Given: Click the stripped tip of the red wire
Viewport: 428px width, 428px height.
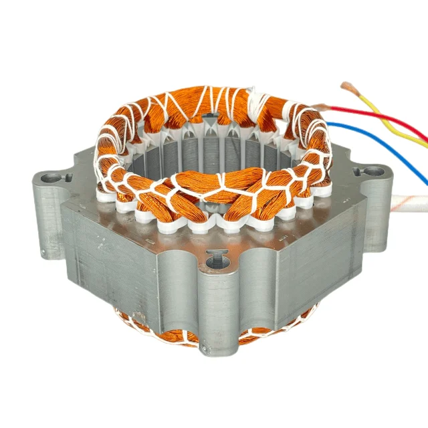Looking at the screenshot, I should [x=320, y=106].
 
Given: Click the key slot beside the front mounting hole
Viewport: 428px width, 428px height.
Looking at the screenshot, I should [x=215, y=251].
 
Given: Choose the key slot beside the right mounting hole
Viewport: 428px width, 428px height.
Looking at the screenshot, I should [x=357, y=171].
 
